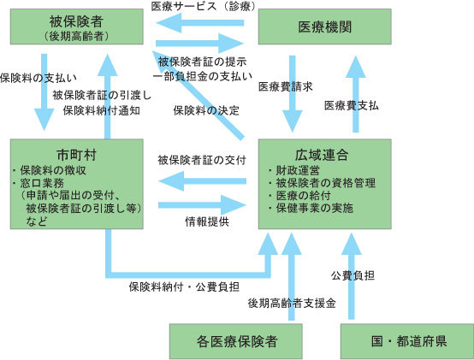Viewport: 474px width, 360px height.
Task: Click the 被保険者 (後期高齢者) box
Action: (77, 27)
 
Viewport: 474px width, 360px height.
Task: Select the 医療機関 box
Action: (324, 27)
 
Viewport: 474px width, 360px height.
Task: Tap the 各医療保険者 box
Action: (236, 341)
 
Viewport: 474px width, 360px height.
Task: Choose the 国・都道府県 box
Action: (407, 341)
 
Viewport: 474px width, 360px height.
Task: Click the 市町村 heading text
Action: (76, 155)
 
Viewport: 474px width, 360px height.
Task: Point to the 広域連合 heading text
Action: (322, 155)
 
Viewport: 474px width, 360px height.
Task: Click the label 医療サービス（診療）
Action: (204, 6)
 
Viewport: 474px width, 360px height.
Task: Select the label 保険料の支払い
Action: (39, 78)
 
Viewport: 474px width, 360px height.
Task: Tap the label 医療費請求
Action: (286, 86)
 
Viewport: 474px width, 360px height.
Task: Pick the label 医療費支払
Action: (352, 105)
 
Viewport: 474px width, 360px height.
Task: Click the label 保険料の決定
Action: (206, 110)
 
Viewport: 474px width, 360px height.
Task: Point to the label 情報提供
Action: (207, 221)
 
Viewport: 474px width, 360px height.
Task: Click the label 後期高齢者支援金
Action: (292, 303)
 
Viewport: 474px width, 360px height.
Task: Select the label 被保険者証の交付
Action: (202, 160)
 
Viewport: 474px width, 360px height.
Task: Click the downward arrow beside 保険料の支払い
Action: (44, 92)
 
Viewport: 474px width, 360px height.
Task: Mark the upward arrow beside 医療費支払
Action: (356, 94)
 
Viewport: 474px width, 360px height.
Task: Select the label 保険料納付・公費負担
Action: (184, 286)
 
